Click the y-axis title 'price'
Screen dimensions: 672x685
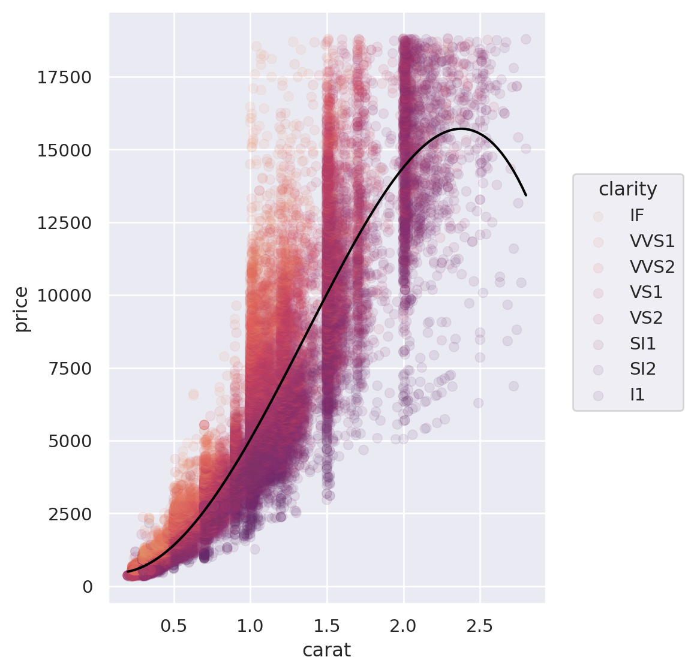tap(22, 309)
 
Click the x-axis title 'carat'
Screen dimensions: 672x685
tap(326, 650)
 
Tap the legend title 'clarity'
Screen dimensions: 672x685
tap(627, 189)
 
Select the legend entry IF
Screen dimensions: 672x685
tap(637, 215)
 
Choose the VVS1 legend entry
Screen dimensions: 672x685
tap(652, 241)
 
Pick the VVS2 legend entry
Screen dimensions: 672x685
tap(652, 267)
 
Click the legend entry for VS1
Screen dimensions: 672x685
tap(646, 293)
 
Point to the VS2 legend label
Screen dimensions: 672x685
tap(646, 318)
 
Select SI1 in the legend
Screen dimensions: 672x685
tap(643, 343)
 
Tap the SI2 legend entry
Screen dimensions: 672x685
tap(643, 369)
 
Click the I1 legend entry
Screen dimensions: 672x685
tap(637, 395)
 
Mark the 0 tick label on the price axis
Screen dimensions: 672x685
tap(88, 586)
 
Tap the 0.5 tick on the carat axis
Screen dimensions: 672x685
tap(174, 626)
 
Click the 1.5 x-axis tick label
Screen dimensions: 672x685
tap(327, 626)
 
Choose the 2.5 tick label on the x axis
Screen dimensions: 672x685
tap(480, 626)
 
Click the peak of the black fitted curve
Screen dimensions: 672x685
tap(461, 128)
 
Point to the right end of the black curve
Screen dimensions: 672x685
tap(526, 195)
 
